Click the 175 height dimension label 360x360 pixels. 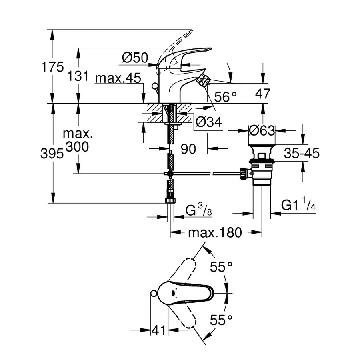52,67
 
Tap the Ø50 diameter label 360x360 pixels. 135,58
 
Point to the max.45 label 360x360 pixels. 118,78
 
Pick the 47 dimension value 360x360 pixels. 262,94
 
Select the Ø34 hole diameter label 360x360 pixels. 208,122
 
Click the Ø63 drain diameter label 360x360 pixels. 262,130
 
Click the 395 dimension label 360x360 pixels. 52,154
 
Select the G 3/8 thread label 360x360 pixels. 199,209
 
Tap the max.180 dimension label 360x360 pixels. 216,232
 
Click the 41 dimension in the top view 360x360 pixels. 159,330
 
